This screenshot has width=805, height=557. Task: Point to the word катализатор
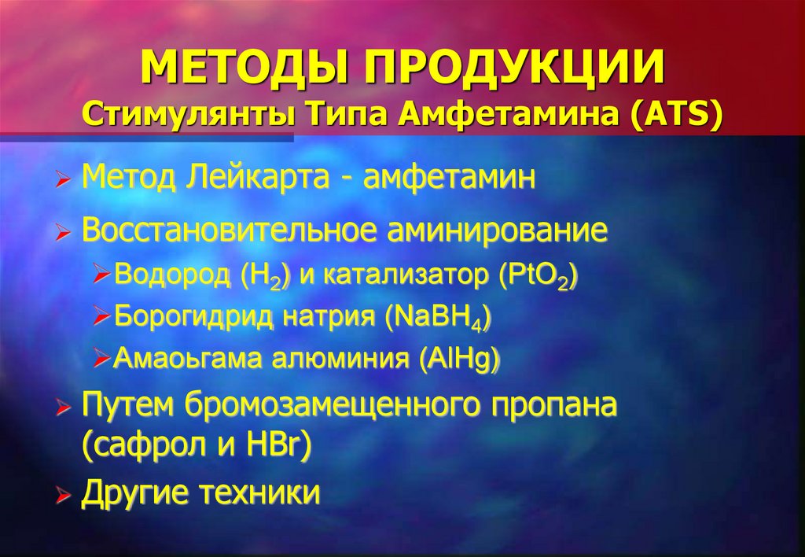pos(406,276)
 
